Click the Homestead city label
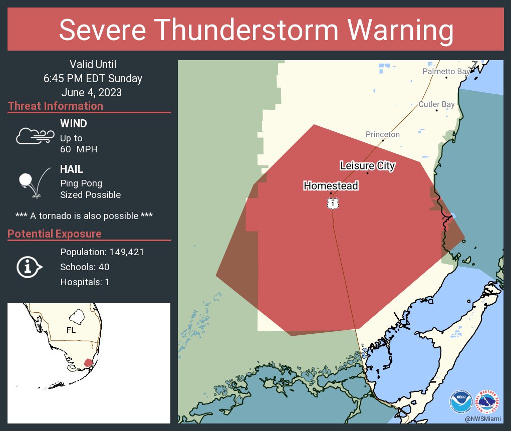coord(331,186)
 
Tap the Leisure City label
coord(367,166)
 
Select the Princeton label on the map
coord(382,134)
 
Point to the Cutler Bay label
coord(436,104)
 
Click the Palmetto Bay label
coord(446,72)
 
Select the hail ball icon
coord(26,180)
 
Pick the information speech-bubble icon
coord(29,267)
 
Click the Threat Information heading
coord(56,106)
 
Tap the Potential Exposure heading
coord(55,234)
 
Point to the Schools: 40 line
coord(85,267)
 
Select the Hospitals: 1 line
coord(85,282)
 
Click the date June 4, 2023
coord(92,93)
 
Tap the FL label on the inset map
coord(71,330)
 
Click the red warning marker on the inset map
coord(88,362)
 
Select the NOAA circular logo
coord(460,401)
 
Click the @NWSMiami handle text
coord(482,418)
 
